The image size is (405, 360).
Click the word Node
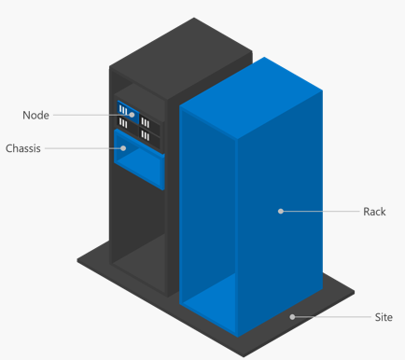coord(35,116)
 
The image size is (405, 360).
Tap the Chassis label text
coord(22,148)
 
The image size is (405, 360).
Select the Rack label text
coord(374,212)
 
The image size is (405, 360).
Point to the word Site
coord(383,317)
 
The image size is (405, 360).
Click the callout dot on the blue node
coord(133,116)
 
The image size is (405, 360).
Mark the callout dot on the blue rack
coord(279,212)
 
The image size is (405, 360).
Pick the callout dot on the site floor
coord(292,317)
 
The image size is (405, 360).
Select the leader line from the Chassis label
coord(84,148)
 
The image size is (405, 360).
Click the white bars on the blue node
coord(124,110)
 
